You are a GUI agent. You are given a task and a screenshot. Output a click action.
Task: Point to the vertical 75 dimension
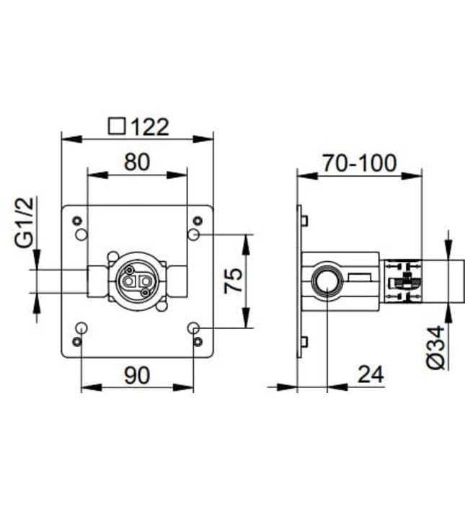(x=233, y=281)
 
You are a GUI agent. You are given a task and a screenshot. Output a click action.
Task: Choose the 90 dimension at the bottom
(x=136, y=375)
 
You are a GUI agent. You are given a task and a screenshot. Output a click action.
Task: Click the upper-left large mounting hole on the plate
(x=81, y=234)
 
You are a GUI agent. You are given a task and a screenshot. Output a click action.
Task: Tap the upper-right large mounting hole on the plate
(x=193, y=234)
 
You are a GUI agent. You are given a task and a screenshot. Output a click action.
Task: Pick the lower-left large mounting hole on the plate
(x=81, y=328)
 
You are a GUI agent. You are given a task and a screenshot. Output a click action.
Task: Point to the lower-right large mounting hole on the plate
(x=193, y=328)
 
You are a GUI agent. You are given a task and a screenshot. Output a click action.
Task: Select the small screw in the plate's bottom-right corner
(x=198, y=341)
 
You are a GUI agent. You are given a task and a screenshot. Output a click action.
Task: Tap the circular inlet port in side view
(x=326, y=281)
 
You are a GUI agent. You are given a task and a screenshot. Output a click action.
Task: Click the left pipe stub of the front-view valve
(x=97, y=281)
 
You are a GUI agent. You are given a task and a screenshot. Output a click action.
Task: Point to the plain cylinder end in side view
(x=435, y=281)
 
